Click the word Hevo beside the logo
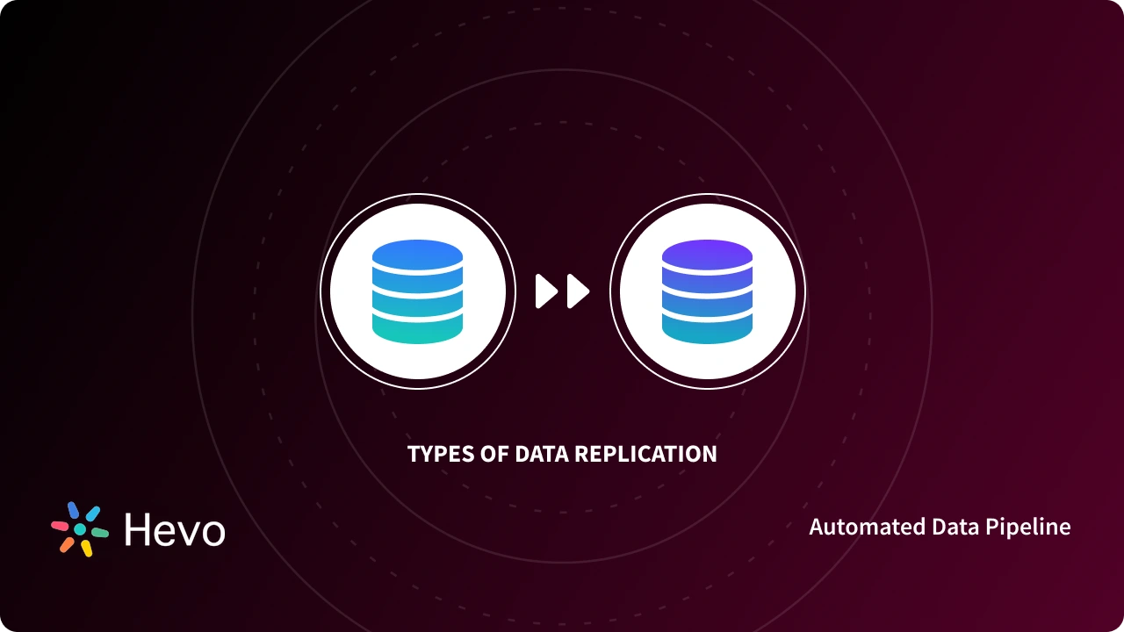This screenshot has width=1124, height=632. pyautogui.click(x=175, y=529)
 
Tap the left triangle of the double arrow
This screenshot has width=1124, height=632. pyautogui.click(x=546, y=291)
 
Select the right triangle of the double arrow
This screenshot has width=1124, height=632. pyautogui.click(x=577, y=291)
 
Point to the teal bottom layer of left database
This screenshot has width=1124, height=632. pyautogui.click(x=417, y=328)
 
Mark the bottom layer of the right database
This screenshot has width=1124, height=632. pyautogui.click(x=707, y=328)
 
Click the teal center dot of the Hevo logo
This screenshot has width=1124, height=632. pyautogui.click(x=80, y=529)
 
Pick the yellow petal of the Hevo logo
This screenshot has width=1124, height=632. pyautogui.click(x=87, y=549)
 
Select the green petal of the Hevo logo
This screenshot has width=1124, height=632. pyautogui.click(x=100, y=533)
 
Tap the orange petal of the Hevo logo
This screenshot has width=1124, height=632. pyautogui.click(x=67, y=544)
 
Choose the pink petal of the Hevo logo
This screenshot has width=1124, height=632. pyautogui.click(x=60, y=526)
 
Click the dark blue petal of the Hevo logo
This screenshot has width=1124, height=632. pyautogui.click(x=74, y=511)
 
